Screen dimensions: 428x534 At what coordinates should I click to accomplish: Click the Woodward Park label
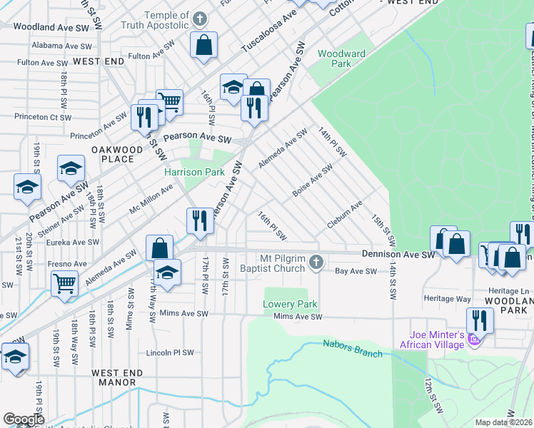click(x=341, y=58)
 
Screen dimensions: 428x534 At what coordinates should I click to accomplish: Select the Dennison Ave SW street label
click(x=398, y=254)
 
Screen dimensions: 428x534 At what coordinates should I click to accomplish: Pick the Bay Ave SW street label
click(x=356, y=271)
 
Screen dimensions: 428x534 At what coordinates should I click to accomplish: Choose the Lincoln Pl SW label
click(x=170, y=352)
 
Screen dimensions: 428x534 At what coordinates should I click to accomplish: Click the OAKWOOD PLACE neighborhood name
click(x=112, y=154)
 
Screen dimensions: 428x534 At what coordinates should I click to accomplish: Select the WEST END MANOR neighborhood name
click(x=117, y=377)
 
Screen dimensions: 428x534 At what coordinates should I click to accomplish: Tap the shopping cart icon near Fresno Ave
click(x=64, y=283)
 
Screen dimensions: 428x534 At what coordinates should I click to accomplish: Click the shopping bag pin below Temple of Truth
click(x=203, y=44)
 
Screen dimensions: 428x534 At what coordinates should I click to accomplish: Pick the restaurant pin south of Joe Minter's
click(x=480, y=320)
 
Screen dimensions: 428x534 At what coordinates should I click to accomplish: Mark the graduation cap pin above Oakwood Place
click(x=70, y=168)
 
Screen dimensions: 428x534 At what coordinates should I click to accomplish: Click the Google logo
click(x=24, y=419)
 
